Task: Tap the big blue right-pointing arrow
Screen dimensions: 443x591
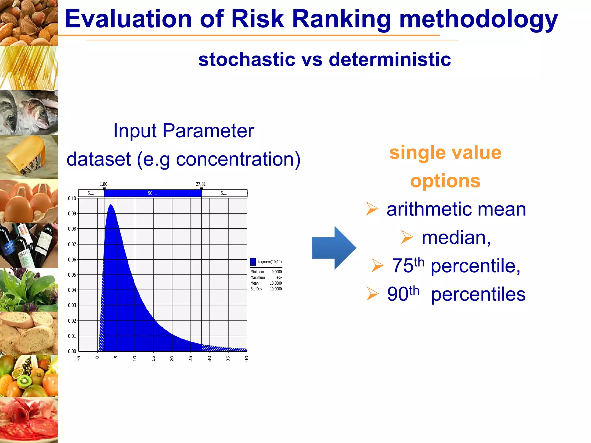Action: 334,248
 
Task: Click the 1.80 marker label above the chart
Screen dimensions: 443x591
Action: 103,184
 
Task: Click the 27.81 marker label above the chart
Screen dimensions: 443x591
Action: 201,184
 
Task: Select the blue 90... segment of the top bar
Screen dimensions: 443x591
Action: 152,193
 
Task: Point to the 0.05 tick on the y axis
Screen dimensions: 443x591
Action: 72,275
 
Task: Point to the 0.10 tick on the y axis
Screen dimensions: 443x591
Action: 72,198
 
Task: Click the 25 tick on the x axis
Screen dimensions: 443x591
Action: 190,358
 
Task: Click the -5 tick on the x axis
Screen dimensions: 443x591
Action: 78,358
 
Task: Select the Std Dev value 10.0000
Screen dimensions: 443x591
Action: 276,289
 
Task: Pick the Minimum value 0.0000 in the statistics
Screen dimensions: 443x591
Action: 276,272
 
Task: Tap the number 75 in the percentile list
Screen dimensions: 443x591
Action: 403,266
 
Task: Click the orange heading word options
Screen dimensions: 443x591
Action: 445,181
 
